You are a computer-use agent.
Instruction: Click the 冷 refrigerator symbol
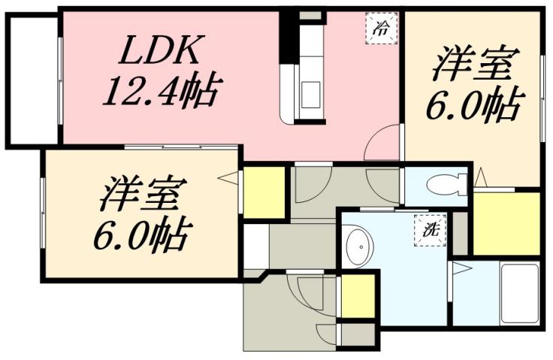pos(382,30)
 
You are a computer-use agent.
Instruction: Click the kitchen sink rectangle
pos(310,95)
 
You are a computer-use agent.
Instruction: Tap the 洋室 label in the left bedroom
pos(140,195)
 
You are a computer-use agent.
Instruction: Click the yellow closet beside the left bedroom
pos(264,193)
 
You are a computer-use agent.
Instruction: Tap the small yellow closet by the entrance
pos(357,297)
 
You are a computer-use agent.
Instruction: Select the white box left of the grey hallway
pos(255,245)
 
